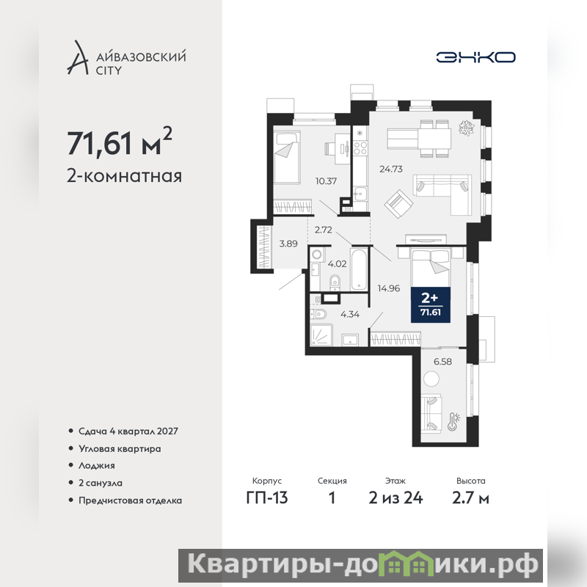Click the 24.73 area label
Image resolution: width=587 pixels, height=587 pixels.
point(391,169)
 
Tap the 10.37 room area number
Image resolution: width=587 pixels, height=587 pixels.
point(326,181)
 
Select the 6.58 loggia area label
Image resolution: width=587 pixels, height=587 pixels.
point(442,362)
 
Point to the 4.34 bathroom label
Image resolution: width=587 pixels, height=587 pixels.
point(350,315)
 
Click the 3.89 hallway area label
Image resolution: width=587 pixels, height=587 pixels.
point(288,244)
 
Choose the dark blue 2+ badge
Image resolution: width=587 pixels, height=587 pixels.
point(431,305)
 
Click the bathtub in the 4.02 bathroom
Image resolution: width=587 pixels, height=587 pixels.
point(360,269)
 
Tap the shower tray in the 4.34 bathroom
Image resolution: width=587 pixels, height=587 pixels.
point(321,335)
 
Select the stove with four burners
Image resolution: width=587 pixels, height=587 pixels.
point(360,149)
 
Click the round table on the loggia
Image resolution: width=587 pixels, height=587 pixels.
point(431,379)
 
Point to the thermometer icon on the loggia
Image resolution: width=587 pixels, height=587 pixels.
point(453,422)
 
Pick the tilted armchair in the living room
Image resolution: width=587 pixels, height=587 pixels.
point(398,204)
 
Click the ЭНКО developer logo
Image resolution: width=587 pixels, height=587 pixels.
point(475,57)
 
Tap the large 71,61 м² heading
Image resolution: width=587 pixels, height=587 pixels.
point(120,142)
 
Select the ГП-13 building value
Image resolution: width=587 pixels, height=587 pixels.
point(267,498)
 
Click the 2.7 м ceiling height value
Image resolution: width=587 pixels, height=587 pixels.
point(470,498)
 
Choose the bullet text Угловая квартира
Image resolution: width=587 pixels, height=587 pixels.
point(120,448)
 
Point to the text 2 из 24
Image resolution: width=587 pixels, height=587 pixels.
point(395,498)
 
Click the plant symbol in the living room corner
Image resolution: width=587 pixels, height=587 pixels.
point(467,128)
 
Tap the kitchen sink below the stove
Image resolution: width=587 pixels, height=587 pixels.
point(360,193)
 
